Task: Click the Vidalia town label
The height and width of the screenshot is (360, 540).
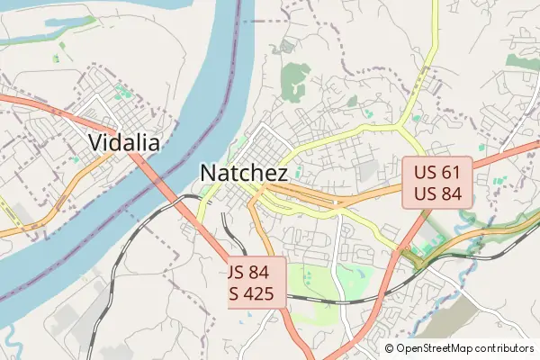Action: click(x=124, y=142)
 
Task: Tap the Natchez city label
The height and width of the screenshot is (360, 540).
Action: click(x=244, y=173)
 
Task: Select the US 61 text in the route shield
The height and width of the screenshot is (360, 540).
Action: click(x=436, y=171)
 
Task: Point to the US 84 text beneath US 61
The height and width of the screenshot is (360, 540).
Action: click(x=436, y=193)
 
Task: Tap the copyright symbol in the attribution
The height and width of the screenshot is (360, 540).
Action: click(x=389, y=348)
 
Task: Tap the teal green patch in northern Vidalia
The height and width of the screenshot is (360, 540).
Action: click(x=121, y=91)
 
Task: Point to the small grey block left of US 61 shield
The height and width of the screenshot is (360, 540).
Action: click(x=367, y=171)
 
